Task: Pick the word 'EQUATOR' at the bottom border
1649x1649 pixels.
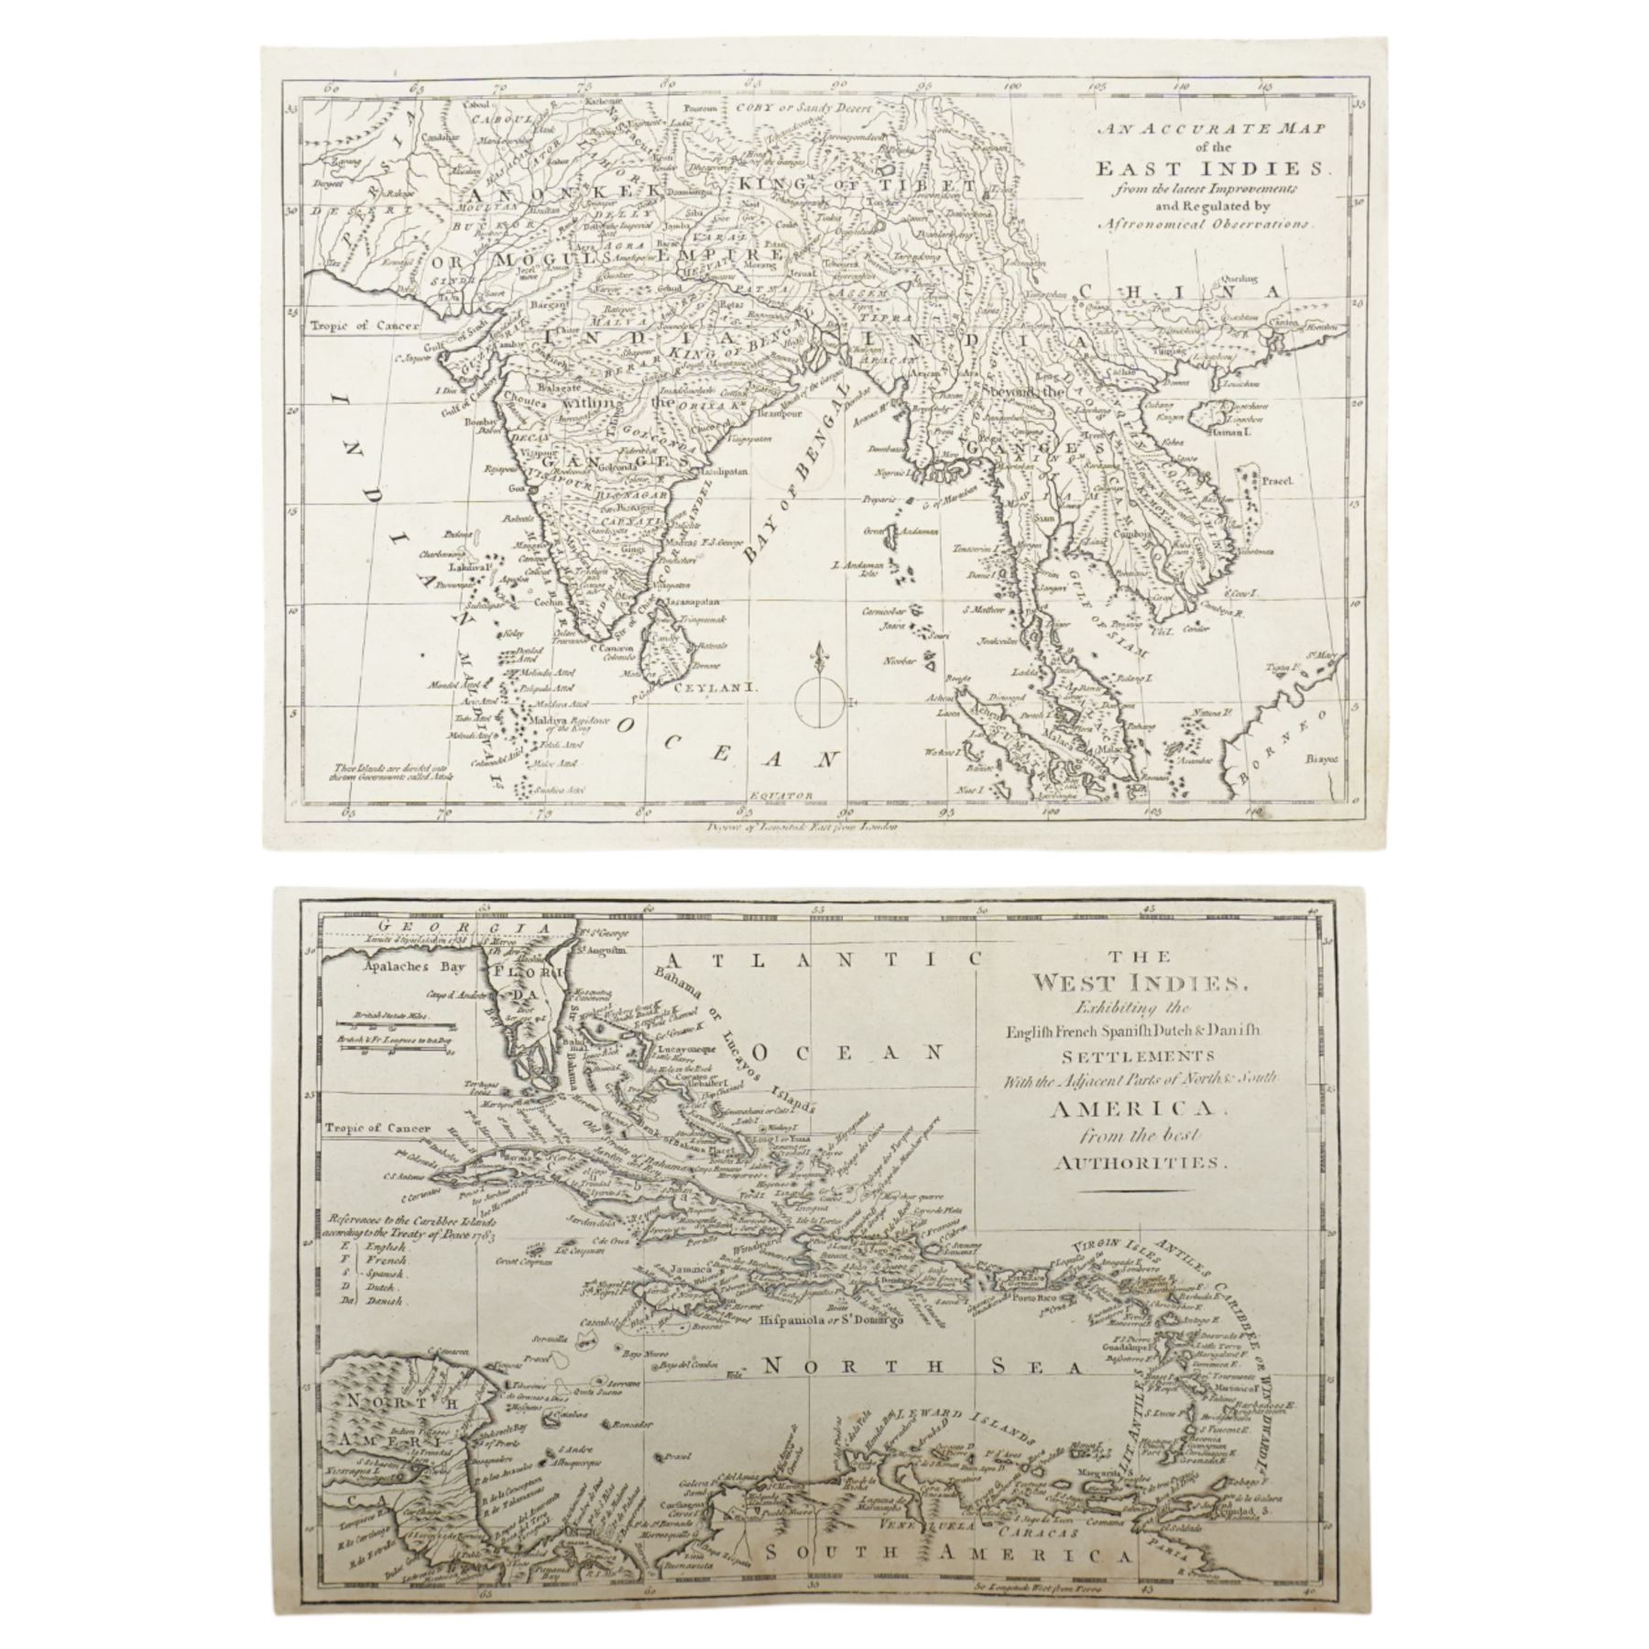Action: [x=773, y=796]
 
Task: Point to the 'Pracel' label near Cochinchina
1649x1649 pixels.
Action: [x=1273, y=478]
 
